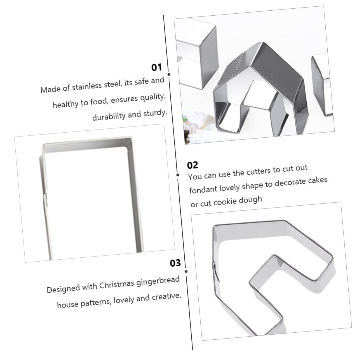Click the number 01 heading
(157, 67)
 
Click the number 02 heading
(192, 165)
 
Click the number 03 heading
(175, 263)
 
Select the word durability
(109, 116)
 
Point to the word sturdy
(155, 113)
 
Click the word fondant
(203, 189)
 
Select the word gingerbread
(158, 281)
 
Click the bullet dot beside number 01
(169, 74)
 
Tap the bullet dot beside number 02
(178, 175)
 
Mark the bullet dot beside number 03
(186, 271)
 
